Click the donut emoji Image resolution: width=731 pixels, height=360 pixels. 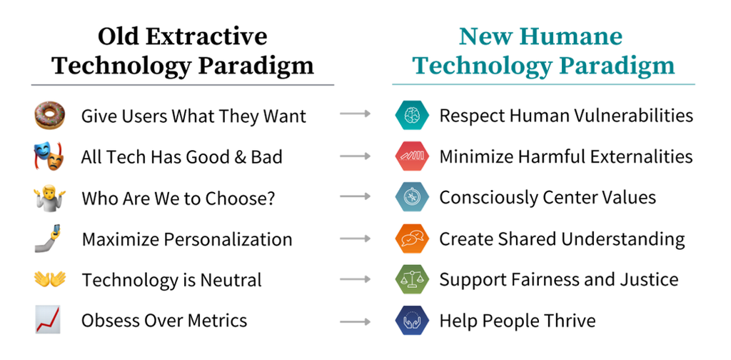[50, 116]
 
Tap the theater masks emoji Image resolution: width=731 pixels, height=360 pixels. [49, 156]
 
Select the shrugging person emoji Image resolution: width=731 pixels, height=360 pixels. [50, 198]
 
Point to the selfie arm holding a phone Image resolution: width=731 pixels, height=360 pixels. [48, 239]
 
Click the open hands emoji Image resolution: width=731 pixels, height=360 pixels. [50, 279]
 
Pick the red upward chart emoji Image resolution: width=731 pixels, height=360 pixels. [49, 320]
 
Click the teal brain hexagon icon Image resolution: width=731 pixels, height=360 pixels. [412, 115]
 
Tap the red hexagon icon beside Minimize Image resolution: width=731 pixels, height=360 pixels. [412, 156]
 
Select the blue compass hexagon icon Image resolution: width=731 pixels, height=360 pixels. [412, 197]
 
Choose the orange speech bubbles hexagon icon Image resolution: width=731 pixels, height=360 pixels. [412, 239]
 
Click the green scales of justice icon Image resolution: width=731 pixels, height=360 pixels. [412, 279]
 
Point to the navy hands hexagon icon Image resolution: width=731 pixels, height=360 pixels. [412, 321]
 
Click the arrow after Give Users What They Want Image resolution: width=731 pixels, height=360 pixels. [356, 114]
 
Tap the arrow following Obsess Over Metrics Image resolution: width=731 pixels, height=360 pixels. [356, 321]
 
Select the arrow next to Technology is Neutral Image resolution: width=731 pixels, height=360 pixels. [356, 279]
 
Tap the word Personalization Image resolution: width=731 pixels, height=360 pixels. [228, 239]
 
